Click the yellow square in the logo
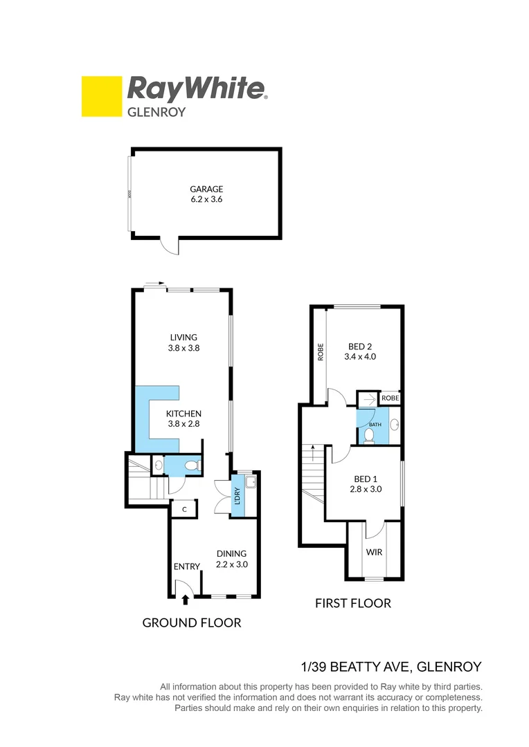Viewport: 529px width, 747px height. click(101, 96)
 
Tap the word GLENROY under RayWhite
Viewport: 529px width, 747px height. click(156, 111)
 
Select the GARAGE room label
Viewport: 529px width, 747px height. click(207, 188)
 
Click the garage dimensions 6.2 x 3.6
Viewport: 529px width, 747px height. click(207, 199)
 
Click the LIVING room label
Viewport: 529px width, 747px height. click(183, 338)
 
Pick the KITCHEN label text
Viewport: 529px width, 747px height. click(183, 414)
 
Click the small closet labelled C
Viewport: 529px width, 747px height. click(184, 510)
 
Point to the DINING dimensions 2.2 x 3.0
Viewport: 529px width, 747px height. click(232, 564)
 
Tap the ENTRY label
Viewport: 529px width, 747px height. click(186, 566)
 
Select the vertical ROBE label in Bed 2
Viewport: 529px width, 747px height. click(321, 352)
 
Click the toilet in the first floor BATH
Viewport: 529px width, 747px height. click(369, 435)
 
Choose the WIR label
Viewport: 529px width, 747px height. click(374, 553)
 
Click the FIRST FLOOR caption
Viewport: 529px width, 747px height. click(352, 603)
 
